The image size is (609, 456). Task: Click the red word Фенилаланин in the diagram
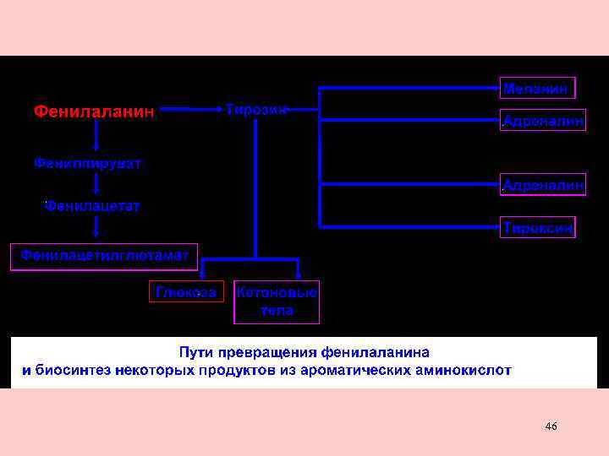94,111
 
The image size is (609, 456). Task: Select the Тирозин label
256,109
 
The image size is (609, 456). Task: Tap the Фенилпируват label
87,162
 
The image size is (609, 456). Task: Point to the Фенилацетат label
92,205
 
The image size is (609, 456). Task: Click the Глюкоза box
186,291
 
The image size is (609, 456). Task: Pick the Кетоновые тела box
277,301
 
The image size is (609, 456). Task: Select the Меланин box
539,89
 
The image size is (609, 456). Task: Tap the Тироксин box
539,227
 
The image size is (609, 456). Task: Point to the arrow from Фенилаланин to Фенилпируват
96,135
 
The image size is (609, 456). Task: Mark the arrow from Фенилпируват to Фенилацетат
96,184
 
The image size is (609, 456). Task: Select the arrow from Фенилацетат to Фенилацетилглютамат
96,227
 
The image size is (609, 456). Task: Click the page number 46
551,426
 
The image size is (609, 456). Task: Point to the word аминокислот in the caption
469,370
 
